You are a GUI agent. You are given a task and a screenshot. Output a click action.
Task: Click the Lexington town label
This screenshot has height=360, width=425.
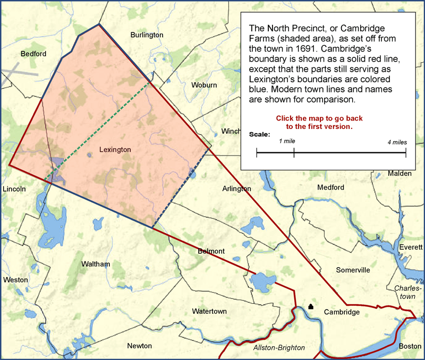tap(115, 150)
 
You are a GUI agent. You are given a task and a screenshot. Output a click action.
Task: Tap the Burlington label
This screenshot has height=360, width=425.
tap(147, 35)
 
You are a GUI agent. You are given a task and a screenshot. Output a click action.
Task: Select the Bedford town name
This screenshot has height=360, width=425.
tap(33, 54)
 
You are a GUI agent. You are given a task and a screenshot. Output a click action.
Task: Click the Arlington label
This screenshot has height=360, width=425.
tap(237, 188)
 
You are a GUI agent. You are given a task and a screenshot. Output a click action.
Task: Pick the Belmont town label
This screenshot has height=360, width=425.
tap(211, 251)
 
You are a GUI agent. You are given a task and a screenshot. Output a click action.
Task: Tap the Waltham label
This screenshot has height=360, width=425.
tap(96, 264)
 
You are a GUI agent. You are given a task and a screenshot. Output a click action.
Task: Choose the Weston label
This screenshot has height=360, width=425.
tap(15, 280)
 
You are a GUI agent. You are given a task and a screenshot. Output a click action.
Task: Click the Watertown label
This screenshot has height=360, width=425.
tap(209, 311)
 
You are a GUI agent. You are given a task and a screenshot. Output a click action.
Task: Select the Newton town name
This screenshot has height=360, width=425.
tap(139, 346)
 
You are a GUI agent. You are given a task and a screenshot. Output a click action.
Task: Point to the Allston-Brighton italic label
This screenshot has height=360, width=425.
tap(279, 347)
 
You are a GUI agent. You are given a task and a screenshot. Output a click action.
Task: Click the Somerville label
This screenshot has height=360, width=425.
tap(353, 270)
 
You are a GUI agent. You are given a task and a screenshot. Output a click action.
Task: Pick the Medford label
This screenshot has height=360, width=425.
tap(330, 187)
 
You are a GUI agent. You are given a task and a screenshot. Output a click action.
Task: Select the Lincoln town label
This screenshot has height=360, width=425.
tap(14, 189)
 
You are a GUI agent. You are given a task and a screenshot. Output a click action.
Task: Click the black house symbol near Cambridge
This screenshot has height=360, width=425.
tap(311, 306)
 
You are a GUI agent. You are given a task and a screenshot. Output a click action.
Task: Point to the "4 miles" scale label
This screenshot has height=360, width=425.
tap(397, 142)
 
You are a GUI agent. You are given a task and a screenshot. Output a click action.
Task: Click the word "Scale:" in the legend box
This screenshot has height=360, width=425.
tap(260, 134)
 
